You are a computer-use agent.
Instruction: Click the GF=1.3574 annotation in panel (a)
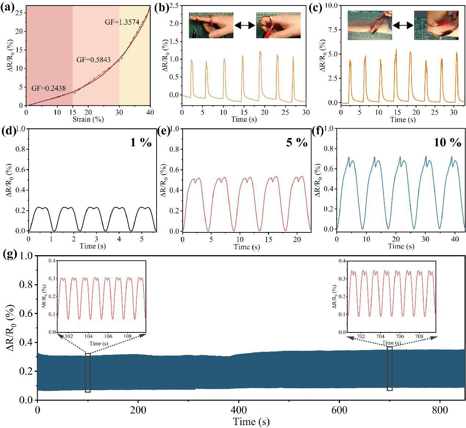click(x=122, y=22)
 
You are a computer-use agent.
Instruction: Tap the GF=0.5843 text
click(x=93, y=60)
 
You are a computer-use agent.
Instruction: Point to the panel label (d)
click(x=8, y=131)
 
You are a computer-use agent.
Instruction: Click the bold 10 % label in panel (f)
click(x=447, y=143)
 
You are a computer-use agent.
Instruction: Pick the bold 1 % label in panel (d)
click(x=141, y=143)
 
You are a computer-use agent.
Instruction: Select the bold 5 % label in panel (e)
click(x=297, y=143)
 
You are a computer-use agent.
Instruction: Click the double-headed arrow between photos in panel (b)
click(x=244, y=25)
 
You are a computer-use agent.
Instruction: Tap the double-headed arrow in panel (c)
click(x=403, y=25)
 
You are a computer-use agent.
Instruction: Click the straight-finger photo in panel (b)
click(x=211, y=25)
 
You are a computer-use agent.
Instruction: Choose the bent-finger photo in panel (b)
click(x=278, y=25)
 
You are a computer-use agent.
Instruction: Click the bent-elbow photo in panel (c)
click(x=436, y=25)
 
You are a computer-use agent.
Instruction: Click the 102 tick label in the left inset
click(x=69, y=336)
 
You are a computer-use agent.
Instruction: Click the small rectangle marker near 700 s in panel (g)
click(x=390, y=368)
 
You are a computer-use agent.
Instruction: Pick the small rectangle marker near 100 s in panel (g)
click(x=88, y=372)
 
